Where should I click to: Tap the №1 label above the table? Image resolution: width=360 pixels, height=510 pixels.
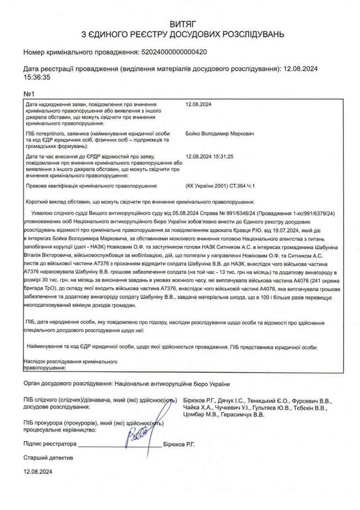(29, 93)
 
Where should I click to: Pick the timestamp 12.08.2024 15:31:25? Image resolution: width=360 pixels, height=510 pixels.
(209, 157)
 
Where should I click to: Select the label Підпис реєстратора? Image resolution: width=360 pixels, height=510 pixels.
(49, 444)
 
